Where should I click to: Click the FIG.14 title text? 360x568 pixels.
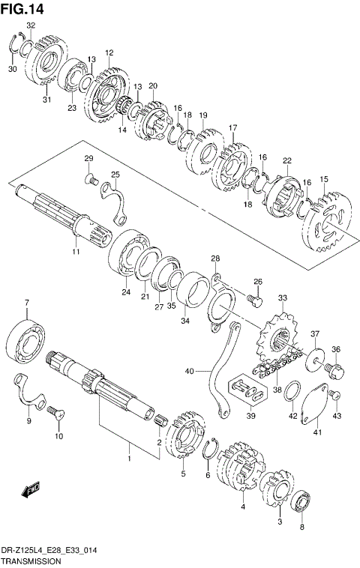click(x=22, y=8)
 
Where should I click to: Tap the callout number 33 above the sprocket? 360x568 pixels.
click(x=282, y=298)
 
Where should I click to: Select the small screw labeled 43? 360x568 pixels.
click(x=337, y=395)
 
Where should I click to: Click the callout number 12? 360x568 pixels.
click(x=109, y=52)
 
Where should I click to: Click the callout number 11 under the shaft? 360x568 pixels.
click(x=76, y=251)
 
